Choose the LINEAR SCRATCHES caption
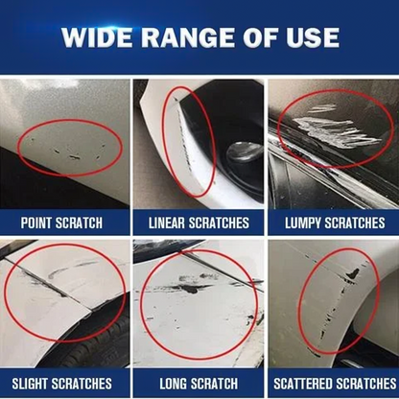pos(199,223)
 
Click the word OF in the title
pos(265,38)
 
